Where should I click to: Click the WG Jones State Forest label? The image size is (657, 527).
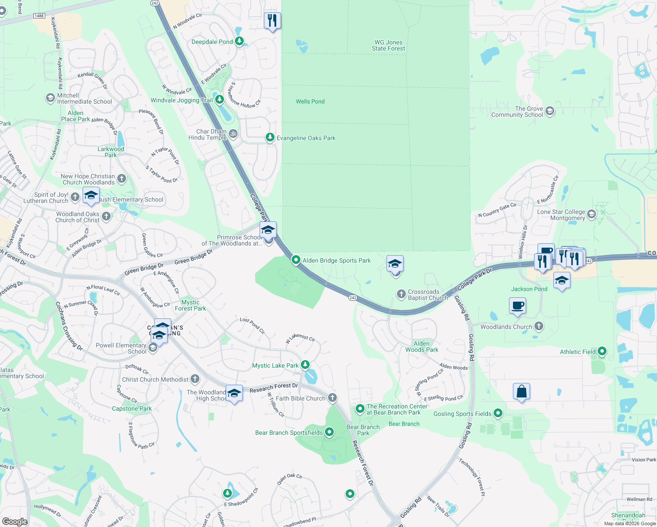pos(388,46)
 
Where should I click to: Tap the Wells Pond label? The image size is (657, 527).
pos(310,101)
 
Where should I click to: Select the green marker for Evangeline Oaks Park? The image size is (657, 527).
pos(270,137)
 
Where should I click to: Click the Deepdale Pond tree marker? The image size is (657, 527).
pos(239,41)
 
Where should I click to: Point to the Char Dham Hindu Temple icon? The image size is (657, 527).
pos(234,134)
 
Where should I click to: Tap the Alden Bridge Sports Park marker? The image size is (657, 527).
pos(296,260)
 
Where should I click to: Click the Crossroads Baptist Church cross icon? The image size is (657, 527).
pos(401,294)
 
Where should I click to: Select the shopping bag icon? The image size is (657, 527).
pos(521,391)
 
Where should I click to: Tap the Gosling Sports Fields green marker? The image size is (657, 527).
pos(498,413)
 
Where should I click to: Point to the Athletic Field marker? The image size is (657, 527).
pos(602,351)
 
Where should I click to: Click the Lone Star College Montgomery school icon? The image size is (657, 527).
pos(592,214)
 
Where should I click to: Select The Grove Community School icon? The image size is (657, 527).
pos(549,111)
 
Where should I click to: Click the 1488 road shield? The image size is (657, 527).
pos(39,16)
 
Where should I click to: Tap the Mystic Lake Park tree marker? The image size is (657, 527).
pos(305,365)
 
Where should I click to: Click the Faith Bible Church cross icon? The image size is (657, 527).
pos(332,398)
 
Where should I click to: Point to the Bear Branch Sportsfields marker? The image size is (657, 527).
pos(329,432)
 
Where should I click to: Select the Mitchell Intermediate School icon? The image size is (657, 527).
pos(51,98)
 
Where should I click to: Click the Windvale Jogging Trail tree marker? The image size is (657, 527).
pos(219,100)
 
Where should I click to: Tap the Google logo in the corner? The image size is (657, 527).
pos(14,521)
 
